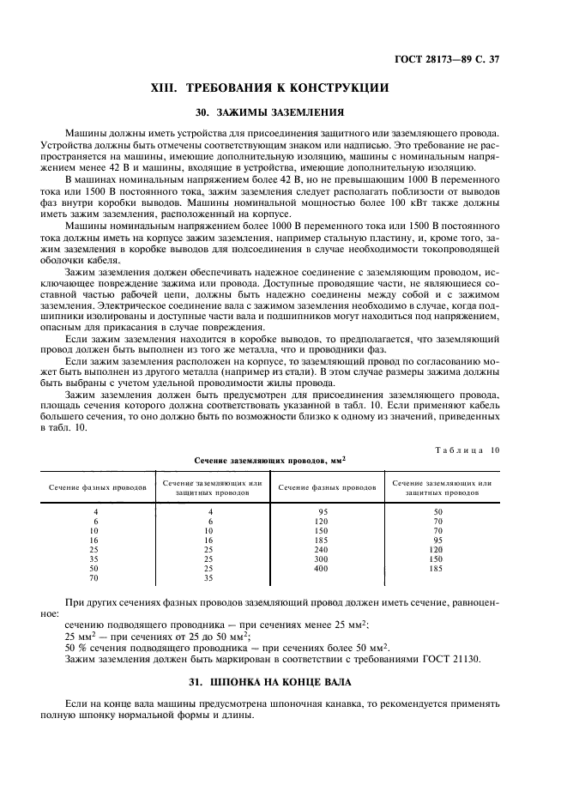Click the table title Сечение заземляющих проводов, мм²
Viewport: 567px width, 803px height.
[268, 461]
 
